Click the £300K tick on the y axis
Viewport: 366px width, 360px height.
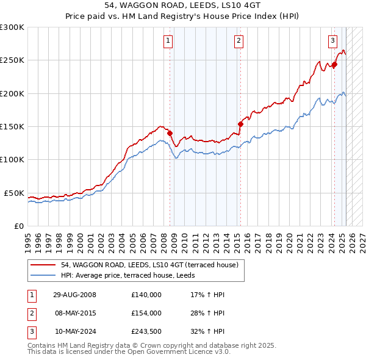(x=12, y=27)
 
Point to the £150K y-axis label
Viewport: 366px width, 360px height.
(x=12, y=126)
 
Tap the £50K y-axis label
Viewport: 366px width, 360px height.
(x=14, y=193)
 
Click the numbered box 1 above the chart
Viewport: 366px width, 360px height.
(x=168, y=41)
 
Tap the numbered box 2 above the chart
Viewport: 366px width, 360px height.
(x=238, y=41)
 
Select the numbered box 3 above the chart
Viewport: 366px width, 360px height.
(x=332, y=41)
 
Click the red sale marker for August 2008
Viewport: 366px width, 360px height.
(x=170, y=133)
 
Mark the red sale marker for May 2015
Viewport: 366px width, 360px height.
(x=240, y=124)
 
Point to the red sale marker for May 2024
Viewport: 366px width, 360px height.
(x=334, y=65)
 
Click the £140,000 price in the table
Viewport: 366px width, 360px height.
(x=146, y=295)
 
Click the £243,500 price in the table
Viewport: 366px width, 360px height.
(x=146, y=332)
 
